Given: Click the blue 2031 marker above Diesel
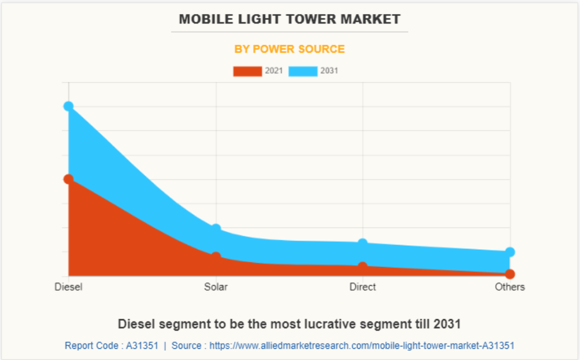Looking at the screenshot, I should (68, 106).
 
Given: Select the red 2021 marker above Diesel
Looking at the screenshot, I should (68, 179).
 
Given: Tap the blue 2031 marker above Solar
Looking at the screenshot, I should (216, 229).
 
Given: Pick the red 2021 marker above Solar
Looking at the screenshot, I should (216, 257).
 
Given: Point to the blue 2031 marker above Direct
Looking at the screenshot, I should (363, 244).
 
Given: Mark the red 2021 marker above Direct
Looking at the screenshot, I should (363, 266).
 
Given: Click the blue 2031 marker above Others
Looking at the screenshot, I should (510, 252).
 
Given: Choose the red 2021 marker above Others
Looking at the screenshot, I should (510, 274).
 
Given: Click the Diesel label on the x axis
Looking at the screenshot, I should (68, 287).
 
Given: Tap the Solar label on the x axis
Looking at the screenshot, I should (216, 287).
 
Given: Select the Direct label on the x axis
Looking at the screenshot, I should (363, 287).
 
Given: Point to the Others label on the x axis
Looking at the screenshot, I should (510, 287).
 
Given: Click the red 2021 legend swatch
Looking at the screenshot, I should (248, 71).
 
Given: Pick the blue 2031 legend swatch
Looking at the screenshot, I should (303, 71).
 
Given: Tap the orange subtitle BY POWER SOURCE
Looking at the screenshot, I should (290, 49).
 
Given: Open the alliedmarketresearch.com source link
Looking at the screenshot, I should (361, 345).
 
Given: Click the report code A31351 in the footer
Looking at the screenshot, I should (142, 345).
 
